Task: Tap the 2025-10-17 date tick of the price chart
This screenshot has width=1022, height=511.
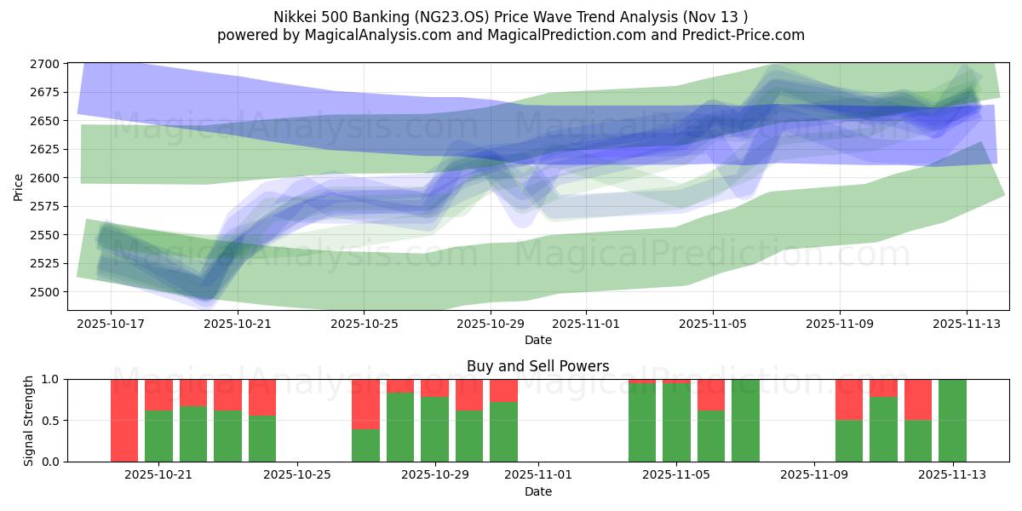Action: point(111,324)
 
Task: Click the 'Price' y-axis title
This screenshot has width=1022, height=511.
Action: point(19,186)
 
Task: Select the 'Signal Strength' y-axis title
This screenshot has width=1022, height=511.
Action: point(28,420)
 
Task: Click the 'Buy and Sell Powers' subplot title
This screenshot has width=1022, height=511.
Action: point(537,366)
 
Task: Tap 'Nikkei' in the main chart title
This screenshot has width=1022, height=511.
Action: point(295,17)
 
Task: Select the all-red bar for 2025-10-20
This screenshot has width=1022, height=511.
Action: point(124,420)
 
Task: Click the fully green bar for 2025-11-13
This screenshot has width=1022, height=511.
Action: point(952,420)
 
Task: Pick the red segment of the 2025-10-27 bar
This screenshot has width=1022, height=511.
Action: point(365,404)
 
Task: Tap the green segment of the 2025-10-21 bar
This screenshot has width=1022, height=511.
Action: point(158,436)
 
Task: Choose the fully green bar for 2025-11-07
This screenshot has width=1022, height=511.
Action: point(745,420)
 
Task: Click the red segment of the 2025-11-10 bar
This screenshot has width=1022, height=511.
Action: point(849,399)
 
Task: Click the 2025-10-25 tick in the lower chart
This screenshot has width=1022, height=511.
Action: point(297,474)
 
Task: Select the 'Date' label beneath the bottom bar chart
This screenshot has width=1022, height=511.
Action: point(537,491)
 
